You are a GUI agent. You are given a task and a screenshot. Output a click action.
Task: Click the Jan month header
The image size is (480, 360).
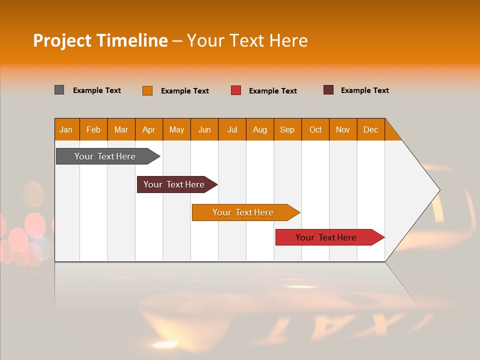click(x=66, y=129)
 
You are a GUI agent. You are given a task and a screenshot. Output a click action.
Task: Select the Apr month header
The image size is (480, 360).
click(x=149, y=129)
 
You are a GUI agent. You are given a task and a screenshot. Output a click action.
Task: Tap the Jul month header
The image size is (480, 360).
click(x=232, y=129)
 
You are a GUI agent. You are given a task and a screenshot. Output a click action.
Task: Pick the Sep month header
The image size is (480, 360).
click(x=287, y=129)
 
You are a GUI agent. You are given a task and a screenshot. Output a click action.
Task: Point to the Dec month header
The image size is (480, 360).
click(x=370, y=129)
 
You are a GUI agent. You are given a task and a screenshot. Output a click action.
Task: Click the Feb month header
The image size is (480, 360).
click(x=93, y=129)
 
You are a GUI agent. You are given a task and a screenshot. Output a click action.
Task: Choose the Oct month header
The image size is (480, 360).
click(x=315, y=129)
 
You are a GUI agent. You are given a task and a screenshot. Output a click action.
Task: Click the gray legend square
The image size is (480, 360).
click(x=59, y=90)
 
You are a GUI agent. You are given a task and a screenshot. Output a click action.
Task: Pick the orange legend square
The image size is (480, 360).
click(x=147, y=90)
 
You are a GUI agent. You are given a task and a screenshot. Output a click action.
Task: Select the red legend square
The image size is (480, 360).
click(x=236, y=90)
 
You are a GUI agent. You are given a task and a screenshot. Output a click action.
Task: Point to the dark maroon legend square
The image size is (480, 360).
click(x=328, y=90)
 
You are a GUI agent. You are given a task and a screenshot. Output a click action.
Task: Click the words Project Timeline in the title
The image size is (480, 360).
click(x=100, y=40)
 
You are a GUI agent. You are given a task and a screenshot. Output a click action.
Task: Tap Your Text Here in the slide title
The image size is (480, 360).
click(x=247, y=40)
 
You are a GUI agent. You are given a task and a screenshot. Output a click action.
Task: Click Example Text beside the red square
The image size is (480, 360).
click(x=273, y=91)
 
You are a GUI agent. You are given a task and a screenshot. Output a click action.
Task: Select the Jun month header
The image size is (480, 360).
click(x=204, y=129)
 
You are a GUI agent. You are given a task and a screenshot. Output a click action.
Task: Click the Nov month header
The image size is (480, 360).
click(x=343, y=129)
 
